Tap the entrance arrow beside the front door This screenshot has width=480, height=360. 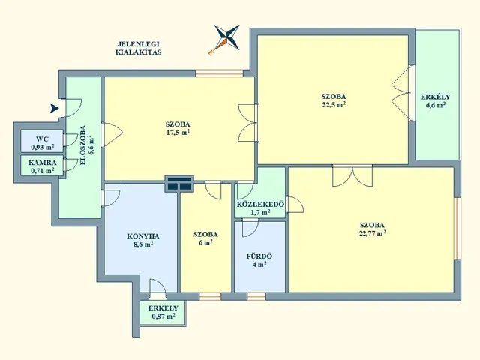pyautogui.click(x=54, y=108)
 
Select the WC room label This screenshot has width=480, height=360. pyautogui.click(x=42, y=139)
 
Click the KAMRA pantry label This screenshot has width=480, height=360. pyautogui.click(x=43, y=163)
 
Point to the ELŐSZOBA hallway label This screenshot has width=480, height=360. pyautogui.click(x=82, y=145)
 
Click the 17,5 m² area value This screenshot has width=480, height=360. pyautogui.click(x=178, y=132)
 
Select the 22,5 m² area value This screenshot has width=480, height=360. pyautogui.click(x=334, y=104)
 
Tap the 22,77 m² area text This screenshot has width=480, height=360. pyautogui.click(x=372, y=233)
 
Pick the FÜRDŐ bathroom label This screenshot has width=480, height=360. pyautogui.click(x=259, y=256)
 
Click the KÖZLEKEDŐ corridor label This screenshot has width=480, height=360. pyautogui.click(x=260, y=205)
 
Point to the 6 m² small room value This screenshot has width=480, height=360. pyautogui.click(x=205, y=242)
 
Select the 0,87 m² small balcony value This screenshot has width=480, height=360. pyautogui.click(x=163, y=316)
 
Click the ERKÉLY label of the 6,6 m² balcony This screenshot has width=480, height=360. pyautogui.click(x=435, y=97)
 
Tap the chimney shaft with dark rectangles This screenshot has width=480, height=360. pyautogui.click(x=179, y=184)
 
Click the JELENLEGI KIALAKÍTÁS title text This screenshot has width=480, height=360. pyautogui.click(x=138, y=48)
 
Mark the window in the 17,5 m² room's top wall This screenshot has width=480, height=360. pyautogui.click(x=219, y=73)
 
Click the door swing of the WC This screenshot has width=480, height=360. pyautogui.click(x=71, y=140)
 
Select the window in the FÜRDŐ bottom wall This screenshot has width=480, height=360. pyautogui.click(x=256, y=296)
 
